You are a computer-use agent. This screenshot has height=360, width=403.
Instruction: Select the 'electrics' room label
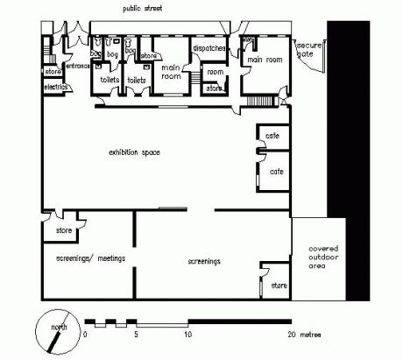click(55, 88)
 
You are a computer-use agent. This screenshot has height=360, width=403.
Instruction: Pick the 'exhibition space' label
click(133, 152)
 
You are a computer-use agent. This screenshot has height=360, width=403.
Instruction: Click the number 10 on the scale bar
click(187, 335)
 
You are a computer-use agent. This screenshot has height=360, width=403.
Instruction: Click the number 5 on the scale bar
click(136, 335)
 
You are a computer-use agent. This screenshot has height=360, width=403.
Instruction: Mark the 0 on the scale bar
click(84, 335)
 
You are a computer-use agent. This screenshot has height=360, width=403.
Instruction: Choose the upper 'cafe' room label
click(272, 136)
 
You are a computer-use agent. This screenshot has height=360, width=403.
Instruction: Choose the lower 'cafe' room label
click(276, 171)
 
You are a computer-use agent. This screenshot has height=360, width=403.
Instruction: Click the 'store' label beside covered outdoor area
click(278, 286)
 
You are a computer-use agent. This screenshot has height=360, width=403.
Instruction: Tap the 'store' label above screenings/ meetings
click(63, 230)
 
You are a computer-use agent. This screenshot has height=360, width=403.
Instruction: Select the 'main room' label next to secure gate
click(266, 60)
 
